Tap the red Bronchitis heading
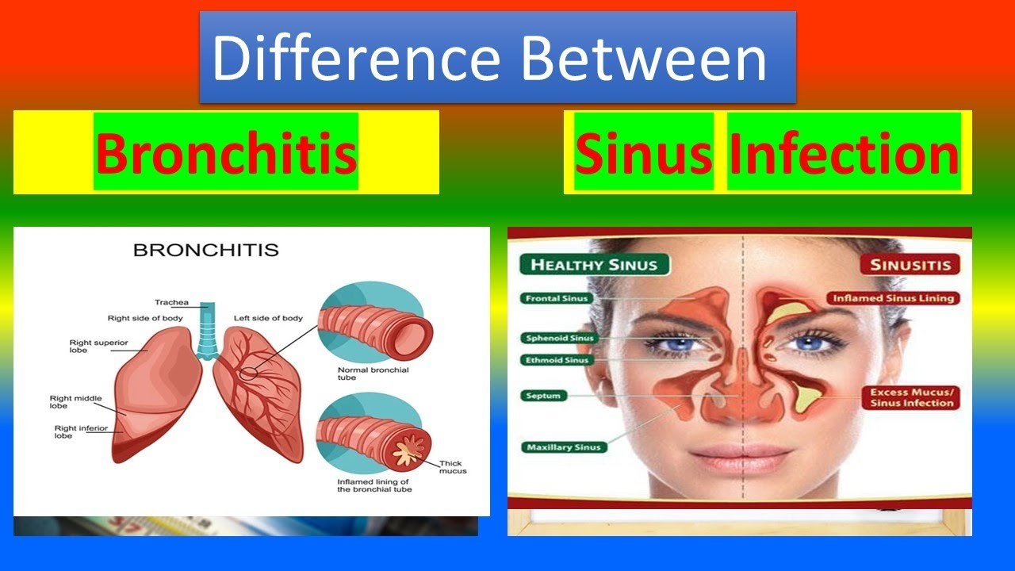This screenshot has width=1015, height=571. (226, 153)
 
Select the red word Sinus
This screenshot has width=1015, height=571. (643, 153)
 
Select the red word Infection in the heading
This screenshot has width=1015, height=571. (845, 153)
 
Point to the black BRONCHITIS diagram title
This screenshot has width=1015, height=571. (206, 250)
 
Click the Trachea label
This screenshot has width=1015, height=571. (171, 302)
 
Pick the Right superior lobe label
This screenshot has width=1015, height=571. (98, 347)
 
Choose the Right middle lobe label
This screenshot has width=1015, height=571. (75, 402)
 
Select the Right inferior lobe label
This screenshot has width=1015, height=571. (81, 432)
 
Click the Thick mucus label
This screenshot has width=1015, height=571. (453, 467)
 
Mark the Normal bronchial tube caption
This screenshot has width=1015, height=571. (373, 374)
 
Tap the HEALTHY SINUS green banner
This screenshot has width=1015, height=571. (594, 265)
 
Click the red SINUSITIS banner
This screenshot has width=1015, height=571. (910, 265)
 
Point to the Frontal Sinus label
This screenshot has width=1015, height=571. (557, 298)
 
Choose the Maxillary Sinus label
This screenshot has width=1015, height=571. (563, 447)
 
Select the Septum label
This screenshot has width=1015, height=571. (543, 396)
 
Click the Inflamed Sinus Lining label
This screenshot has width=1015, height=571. (893, 298)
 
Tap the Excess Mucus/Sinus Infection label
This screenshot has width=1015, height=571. (911, 398)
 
